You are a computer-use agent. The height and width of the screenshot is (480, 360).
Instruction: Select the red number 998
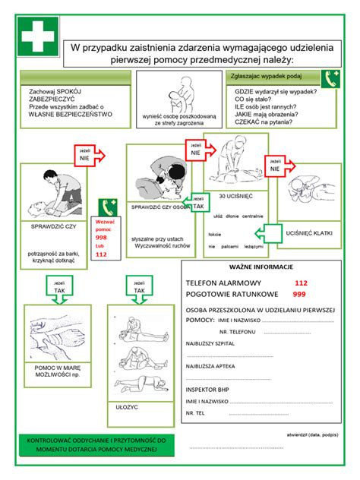tap(101, 238)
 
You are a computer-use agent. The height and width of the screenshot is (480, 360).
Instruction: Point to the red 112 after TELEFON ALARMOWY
tap(300, 283)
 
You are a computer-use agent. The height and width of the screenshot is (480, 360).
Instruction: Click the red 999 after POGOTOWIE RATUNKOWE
tap(299, 294)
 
